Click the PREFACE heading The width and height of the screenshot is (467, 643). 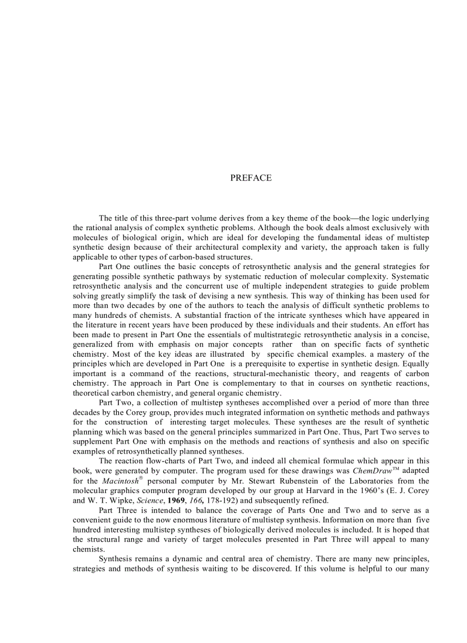click(251, 178)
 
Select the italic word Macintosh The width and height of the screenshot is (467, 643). click(120, 482)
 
